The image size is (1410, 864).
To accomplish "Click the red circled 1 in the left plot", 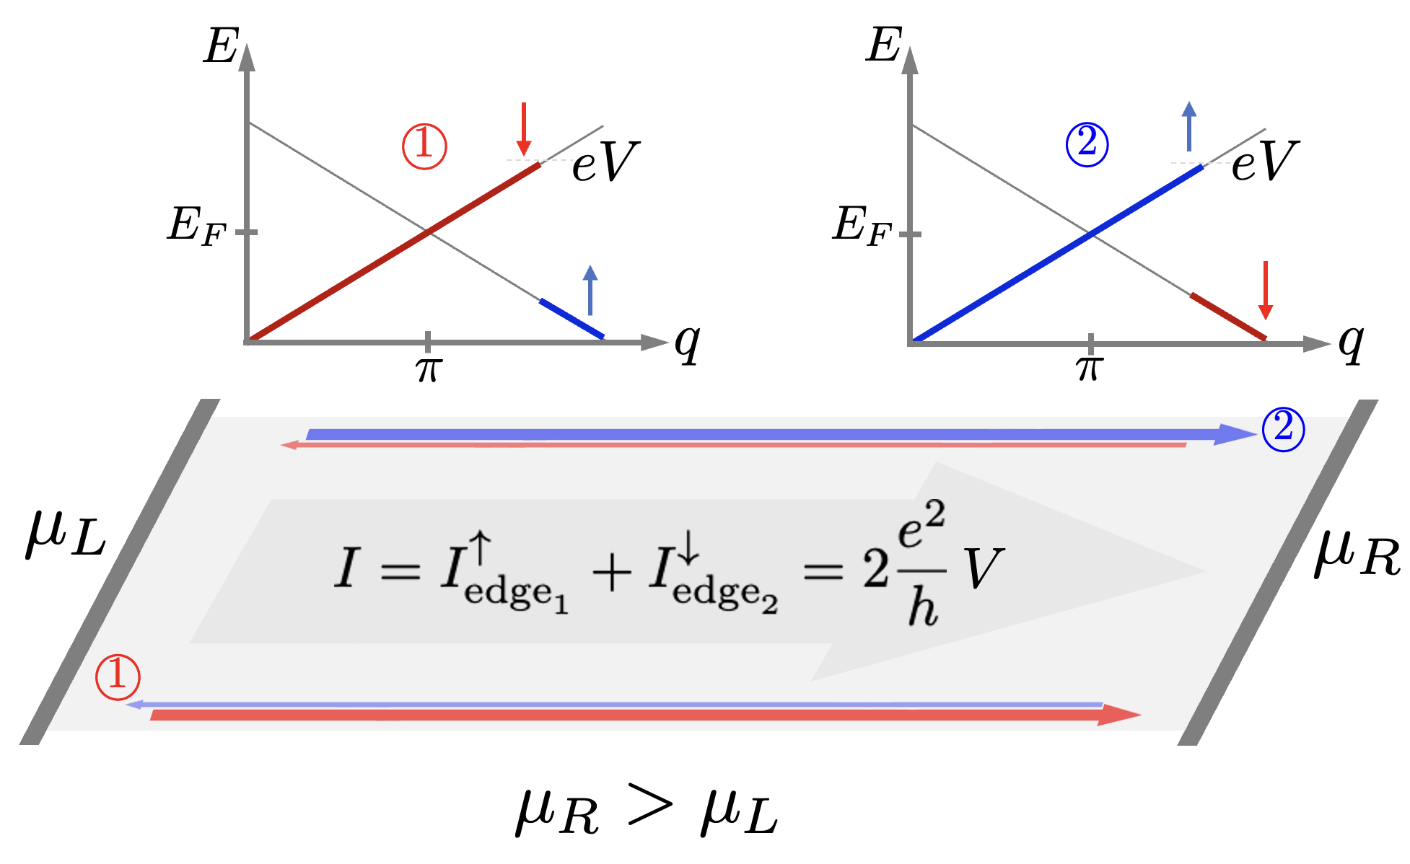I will [424, 146].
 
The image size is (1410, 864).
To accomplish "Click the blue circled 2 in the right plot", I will [1087, 145].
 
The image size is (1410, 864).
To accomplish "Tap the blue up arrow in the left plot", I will [590, 290].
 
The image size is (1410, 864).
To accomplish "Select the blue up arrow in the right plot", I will [1188, 126].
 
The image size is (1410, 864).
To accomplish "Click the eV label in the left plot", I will [605, 162].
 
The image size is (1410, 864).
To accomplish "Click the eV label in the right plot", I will [1264, 162].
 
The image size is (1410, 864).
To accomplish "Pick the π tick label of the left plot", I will [428, 369].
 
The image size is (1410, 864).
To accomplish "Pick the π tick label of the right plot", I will [1090, 368].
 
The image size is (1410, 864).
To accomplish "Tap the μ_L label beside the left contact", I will [66, 534].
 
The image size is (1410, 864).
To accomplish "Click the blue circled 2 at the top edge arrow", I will [1283, 429].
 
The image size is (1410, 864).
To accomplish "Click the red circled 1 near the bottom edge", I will [118, 677].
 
